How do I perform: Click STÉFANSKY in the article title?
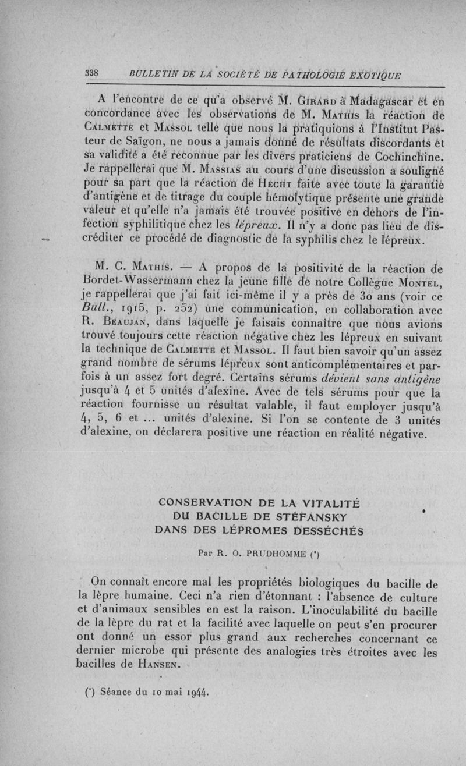click(x=296, y=517)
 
